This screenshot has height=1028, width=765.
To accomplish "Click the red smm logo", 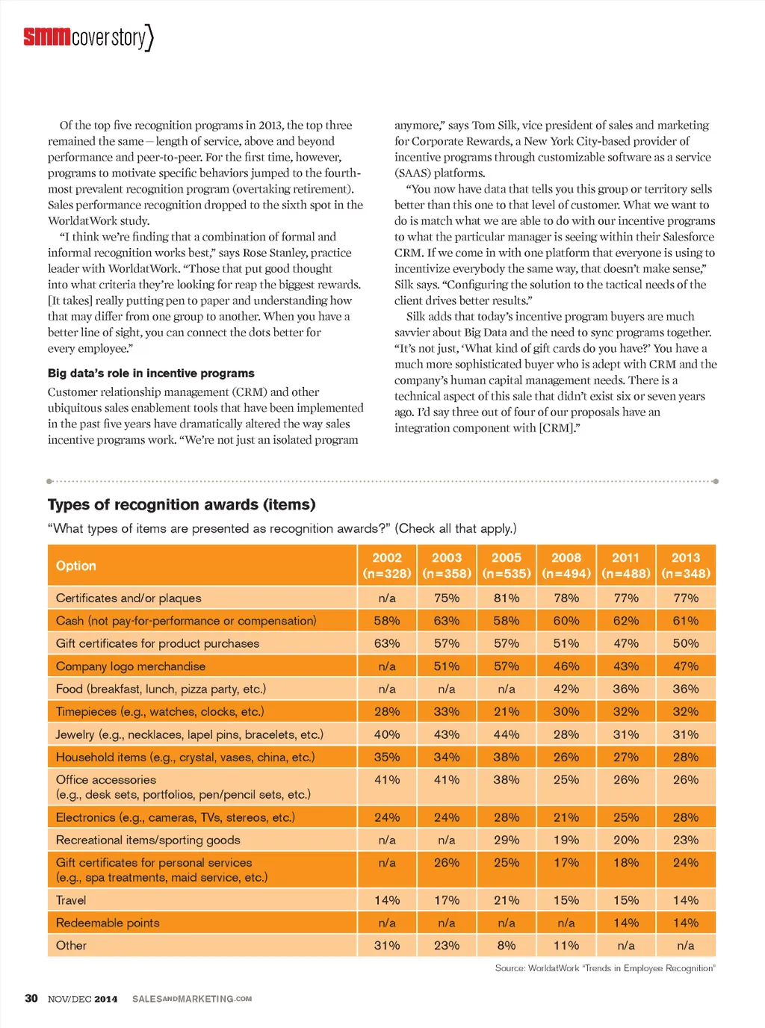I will (x=46, y=36).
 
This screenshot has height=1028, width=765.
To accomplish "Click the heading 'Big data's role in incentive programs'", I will (x=151, y=374).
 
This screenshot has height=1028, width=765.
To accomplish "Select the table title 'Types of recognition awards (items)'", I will (x=182, y=505).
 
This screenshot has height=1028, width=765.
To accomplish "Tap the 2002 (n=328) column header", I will (x=387, y=566).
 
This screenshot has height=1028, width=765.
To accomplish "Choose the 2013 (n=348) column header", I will (x=686, y=566).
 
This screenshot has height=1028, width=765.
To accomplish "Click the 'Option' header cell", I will (x=76, y=566).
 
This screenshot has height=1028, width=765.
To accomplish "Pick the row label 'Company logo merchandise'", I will (x=131, y=666).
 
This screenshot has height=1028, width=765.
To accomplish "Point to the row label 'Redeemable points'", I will (x=108, y=923).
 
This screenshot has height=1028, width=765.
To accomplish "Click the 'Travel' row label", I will (x=71, y=900).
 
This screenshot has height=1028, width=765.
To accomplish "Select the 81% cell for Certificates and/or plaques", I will (x=507, y=598).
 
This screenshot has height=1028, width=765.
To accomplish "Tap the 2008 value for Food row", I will (x=566, y=689).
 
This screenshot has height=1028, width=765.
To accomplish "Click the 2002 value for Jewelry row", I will (x=387, y=734).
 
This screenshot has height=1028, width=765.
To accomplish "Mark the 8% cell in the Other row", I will (x=507, y=946).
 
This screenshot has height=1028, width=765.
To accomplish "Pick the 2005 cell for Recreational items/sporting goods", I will (x=507, y=840).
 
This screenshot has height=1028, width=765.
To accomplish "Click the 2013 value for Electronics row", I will (x=686, y=817).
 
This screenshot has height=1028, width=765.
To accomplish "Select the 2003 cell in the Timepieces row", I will (x=447, y=712).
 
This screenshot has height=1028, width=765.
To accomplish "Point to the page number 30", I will (x=31, y=999).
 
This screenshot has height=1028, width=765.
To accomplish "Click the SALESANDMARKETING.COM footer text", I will (x=192, y=999).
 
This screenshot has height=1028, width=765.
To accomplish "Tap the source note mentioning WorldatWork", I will (x=605, y=968).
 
